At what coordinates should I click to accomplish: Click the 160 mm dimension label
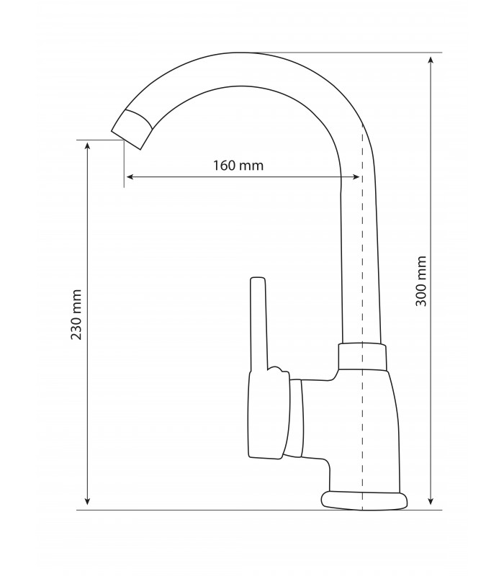pos(238,165)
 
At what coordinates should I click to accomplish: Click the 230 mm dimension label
pos(77,315)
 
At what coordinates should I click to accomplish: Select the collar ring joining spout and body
pos(362,356)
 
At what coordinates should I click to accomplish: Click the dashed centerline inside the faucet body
pos(361,432)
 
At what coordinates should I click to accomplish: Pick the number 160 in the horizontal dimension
pos(225,165)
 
